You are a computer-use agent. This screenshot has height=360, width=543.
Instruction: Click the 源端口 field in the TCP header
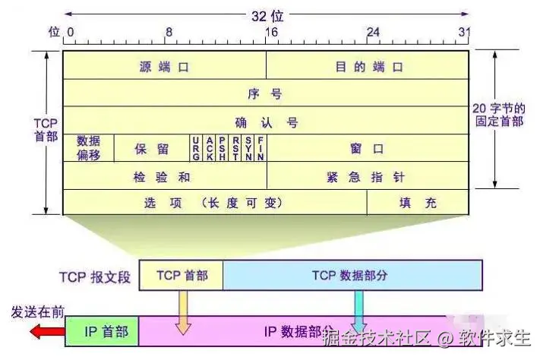(164, 66)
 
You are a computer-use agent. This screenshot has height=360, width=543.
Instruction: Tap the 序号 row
(265, 93)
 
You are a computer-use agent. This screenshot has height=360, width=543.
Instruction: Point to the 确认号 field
(265, 122)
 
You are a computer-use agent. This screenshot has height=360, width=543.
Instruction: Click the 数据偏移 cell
(88, 147)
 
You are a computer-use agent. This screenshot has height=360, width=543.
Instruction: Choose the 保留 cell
(151, 149)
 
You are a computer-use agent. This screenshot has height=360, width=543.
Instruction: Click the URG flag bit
(197, 148)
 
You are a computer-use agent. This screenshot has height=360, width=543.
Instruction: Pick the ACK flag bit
(210, 148)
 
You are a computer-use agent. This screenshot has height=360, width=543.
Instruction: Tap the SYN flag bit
(248, 148)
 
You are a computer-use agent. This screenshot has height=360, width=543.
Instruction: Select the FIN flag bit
(260, 148)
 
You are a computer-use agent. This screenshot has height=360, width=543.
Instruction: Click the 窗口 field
(367, 149)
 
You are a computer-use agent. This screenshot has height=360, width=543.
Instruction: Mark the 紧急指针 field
(367, 177)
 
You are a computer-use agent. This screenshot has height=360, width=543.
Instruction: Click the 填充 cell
(418, 204)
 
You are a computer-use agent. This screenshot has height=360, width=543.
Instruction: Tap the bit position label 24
(373, 33)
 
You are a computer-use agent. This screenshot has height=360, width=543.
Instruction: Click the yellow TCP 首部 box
(182, 276)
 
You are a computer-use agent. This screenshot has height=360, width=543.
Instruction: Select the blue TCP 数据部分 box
(352, 276)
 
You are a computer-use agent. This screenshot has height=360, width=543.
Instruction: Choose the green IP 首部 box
(102, 331)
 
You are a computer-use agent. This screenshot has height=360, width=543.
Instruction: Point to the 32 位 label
(265, 14)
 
